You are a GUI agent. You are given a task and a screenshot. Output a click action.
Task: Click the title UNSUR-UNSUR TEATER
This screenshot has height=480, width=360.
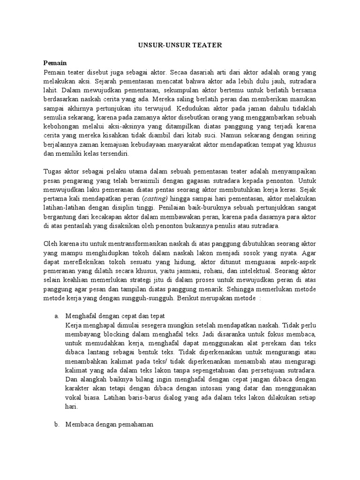coord(180,45)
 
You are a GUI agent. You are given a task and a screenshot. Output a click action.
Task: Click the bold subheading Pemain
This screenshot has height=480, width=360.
coord(55,63)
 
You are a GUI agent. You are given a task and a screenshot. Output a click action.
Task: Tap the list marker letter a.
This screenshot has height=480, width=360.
coord(57,316)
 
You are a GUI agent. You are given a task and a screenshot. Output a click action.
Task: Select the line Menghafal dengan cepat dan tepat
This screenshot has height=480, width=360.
coord(115,316)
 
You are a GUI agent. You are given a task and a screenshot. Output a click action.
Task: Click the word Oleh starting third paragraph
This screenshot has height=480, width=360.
coord(51,244)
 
